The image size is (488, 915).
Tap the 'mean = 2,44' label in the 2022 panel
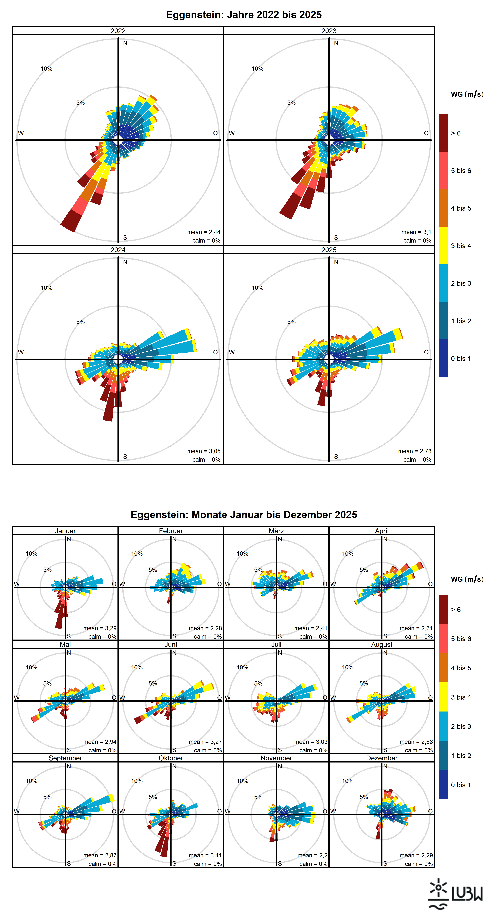[x=204, y=232]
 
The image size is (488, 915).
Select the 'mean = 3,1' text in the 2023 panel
[x=416, y=232]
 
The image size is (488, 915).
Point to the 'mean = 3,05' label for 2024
[x=204, y=451]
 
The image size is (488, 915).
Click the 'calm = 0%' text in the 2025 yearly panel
[x=417, y=460]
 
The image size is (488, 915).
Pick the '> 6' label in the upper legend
[x=456, y=133]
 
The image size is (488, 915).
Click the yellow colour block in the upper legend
[x=443, y=245]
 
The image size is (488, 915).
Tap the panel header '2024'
[x=118, y=250]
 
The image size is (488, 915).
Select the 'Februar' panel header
[x=171, y=531]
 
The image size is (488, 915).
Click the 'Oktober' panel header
[x=171, y=758]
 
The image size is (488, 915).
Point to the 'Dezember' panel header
[x=382, y=758]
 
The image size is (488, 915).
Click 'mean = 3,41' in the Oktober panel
[x=205, y=855]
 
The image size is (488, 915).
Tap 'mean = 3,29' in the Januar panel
[x=100, y=628]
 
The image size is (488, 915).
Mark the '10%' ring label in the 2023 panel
[x=258, y=69]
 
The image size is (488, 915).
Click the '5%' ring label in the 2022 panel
[x=80, y=103]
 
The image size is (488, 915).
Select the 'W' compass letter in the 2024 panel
[x=21, y=352]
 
